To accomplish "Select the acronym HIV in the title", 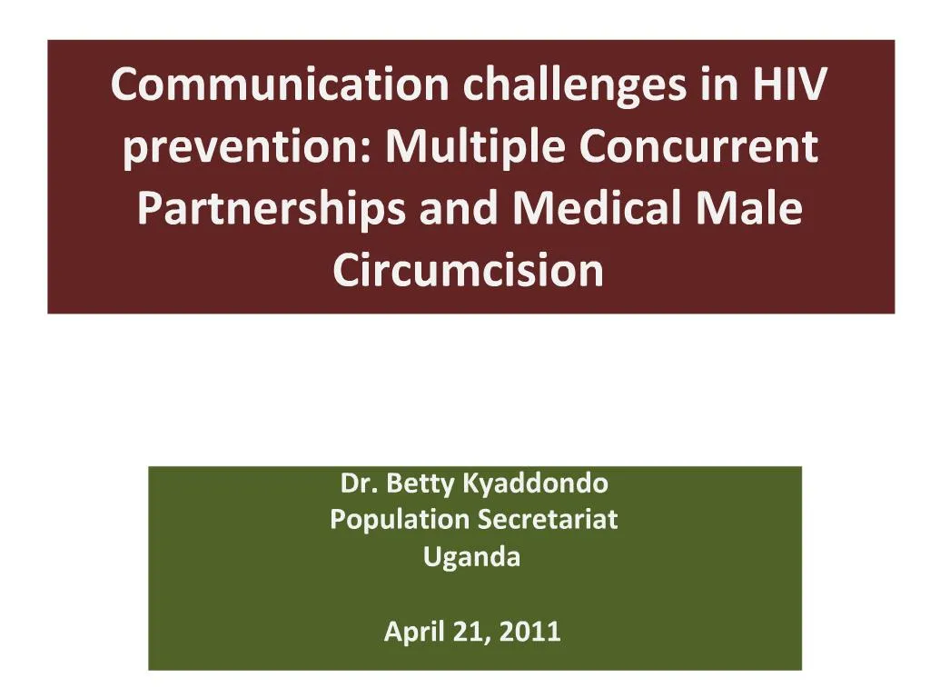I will [x=788, y=85].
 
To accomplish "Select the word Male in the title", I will [x=757, y=210].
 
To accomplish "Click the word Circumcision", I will [x=469, y=270].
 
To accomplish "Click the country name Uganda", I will [x=472, y=557].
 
